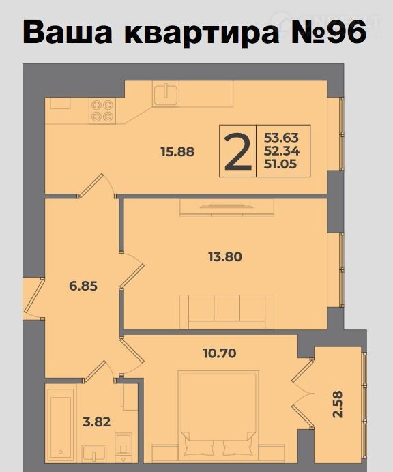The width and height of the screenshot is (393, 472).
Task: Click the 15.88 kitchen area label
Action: (177, 151)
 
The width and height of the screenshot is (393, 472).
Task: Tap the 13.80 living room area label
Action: (225, 256)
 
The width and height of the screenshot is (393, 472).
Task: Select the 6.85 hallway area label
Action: (83, 286)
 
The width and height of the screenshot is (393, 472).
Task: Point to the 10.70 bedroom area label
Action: (219, 353)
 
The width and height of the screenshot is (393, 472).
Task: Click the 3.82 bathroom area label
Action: (97, 422)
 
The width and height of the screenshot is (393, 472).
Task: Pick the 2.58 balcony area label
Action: (338, 404)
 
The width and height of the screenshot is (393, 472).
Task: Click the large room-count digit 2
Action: (237, 151)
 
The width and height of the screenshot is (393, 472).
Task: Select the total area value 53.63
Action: (281, 138)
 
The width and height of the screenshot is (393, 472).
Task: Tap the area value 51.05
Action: (280, 164)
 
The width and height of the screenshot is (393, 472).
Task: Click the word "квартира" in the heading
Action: (201, 32)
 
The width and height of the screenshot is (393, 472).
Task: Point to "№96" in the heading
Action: (329, 31)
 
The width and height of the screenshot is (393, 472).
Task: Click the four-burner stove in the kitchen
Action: (102, 110)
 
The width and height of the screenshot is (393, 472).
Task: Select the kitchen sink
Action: (165, 93)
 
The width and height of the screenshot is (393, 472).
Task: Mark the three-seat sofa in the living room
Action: (227, 312)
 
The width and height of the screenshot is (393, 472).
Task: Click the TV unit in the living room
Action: (227, 207)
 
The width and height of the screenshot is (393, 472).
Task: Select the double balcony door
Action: (303, 394)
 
